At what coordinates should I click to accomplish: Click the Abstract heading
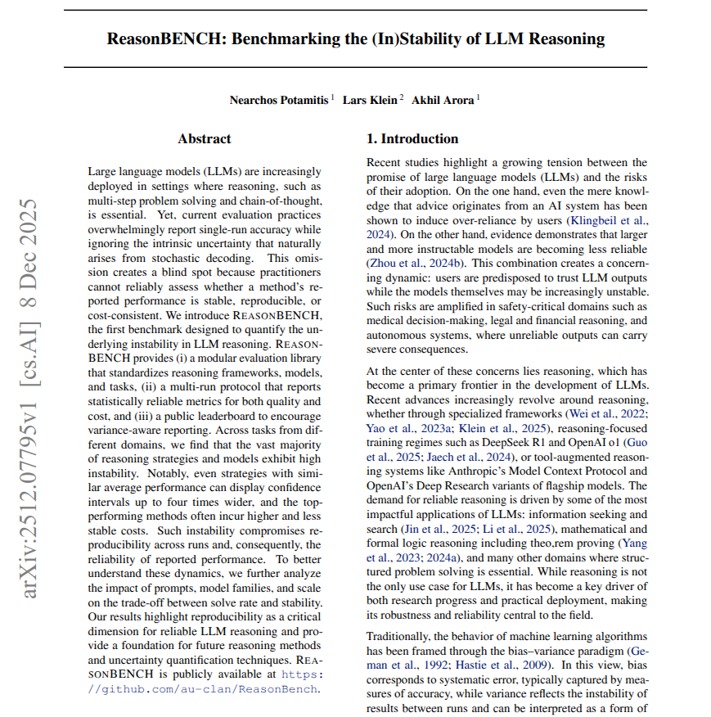[x=205, y=138]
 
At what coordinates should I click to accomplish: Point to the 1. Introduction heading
[x=412, y=138]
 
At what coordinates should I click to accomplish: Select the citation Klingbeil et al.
[x=606, y=221]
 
